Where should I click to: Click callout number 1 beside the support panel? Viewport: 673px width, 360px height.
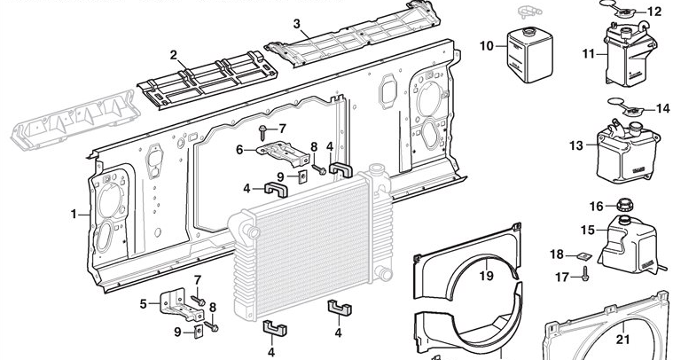tap(74, 214)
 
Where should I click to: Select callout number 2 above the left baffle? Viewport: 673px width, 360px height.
tap(174, 56)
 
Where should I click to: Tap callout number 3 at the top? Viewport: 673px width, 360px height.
tap(296, 23)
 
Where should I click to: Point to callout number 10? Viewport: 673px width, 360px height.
tap(485, 45)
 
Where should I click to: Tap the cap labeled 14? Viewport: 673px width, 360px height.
tap(628, 111)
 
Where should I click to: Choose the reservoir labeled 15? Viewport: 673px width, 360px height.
tap(630, 241)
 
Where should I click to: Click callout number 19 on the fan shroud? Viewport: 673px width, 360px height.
tap(486, 275)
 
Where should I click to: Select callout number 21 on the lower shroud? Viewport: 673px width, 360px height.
tap(622, 338)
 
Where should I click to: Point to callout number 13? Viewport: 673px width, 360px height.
tap(576, 145)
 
